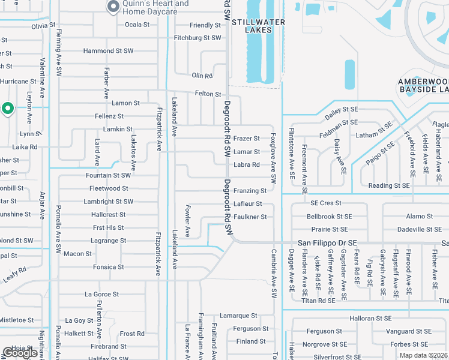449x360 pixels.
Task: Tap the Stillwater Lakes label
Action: [257, 22]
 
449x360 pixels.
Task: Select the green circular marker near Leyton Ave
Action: [8, 108]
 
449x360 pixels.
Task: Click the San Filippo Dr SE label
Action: [328, 242]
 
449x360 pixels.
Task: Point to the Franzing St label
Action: [250, 191]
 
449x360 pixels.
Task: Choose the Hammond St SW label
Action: [108, 51]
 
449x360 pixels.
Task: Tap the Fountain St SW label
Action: [108, 176]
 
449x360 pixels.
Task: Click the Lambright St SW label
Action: [109, 202]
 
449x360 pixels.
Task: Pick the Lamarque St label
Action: [238, 316]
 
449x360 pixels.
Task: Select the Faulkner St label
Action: [250, 217]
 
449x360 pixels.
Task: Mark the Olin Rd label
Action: [202, 76]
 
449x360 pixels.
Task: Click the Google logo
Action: [20, 353]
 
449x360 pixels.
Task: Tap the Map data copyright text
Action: [423, 355]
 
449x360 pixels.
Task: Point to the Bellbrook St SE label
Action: [329, 216]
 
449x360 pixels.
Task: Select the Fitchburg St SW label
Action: [197, 37]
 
